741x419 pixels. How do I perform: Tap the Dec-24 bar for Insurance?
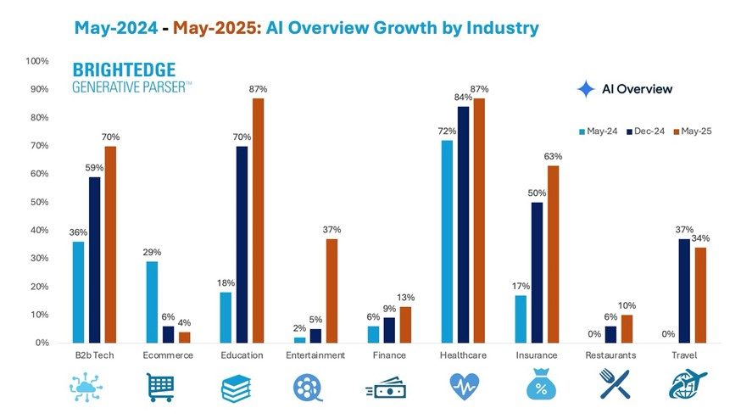538,272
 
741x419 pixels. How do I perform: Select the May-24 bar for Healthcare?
447,242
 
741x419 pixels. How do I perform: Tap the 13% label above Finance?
406,297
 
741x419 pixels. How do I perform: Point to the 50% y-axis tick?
38,202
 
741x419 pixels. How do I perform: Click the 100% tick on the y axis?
36,61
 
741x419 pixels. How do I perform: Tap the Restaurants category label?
610,355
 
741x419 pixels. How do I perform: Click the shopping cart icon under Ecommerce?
161,386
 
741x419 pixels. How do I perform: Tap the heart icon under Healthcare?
462,386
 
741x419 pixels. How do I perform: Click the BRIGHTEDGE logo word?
125,70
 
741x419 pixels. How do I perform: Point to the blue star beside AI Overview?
586,89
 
